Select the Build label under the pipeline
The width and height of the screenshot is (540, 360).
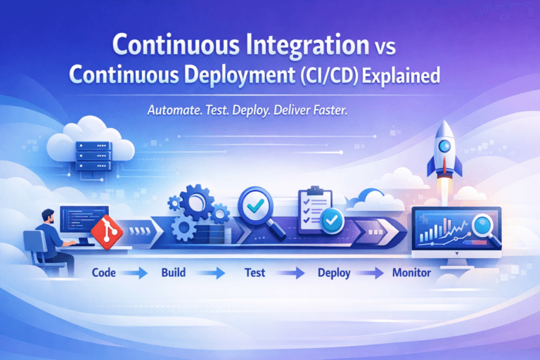[172, 273]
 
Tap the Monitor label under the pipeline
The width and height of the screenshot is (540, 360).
[410, 273]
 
